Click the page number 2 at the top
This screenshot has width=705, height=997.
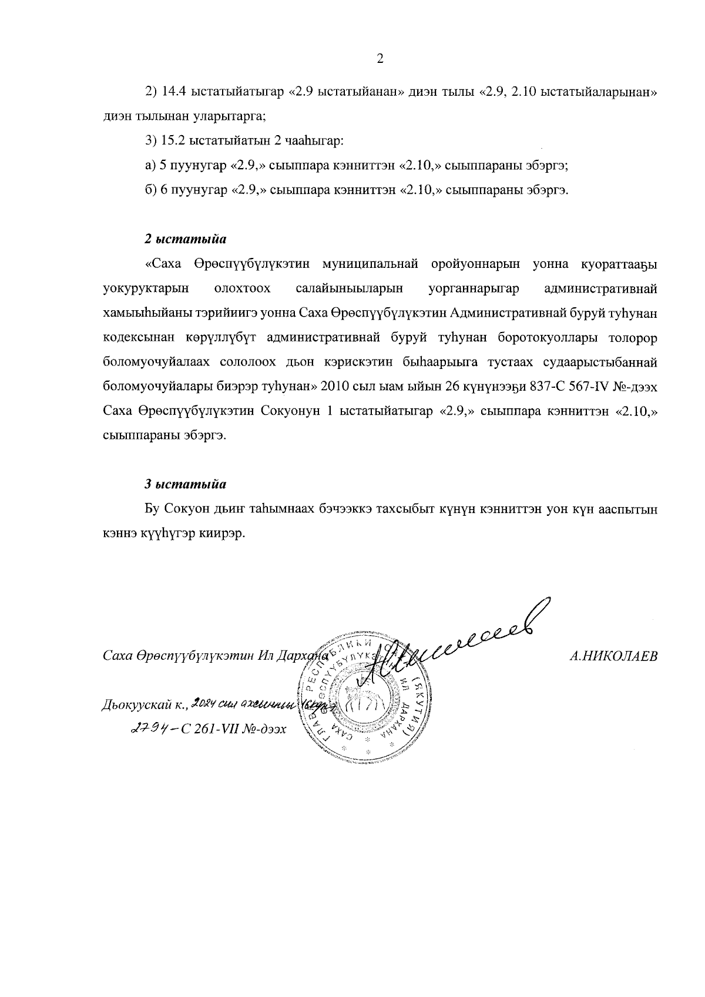click(380, 58)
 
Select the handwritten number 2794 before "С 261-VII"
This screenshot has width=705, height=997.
click(149, 729)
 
